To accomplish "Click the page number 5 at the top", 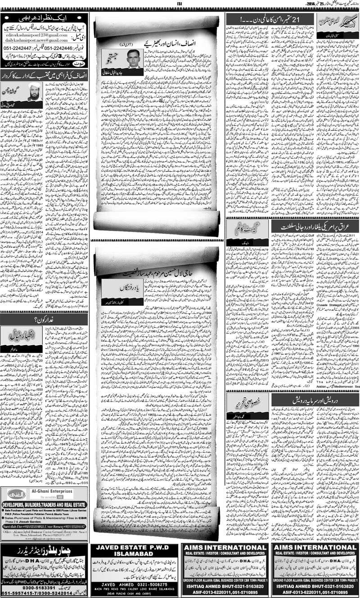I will coord(180,4).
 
